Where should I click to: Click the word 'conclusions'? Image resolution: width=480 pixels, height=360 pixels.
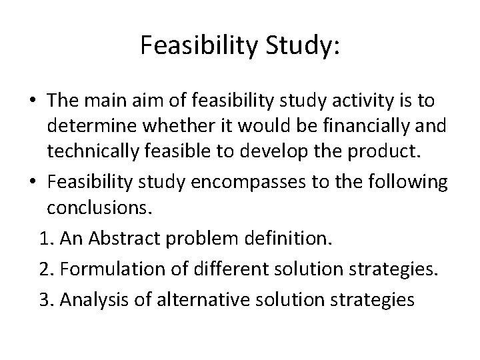pos(99,209)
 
